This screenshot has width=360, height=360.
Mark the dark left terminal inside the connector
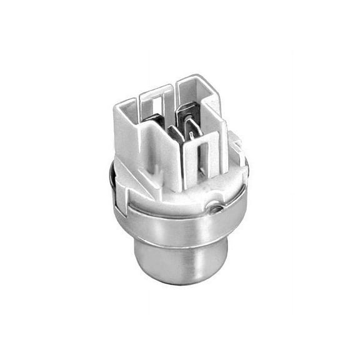click(169, 131)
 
